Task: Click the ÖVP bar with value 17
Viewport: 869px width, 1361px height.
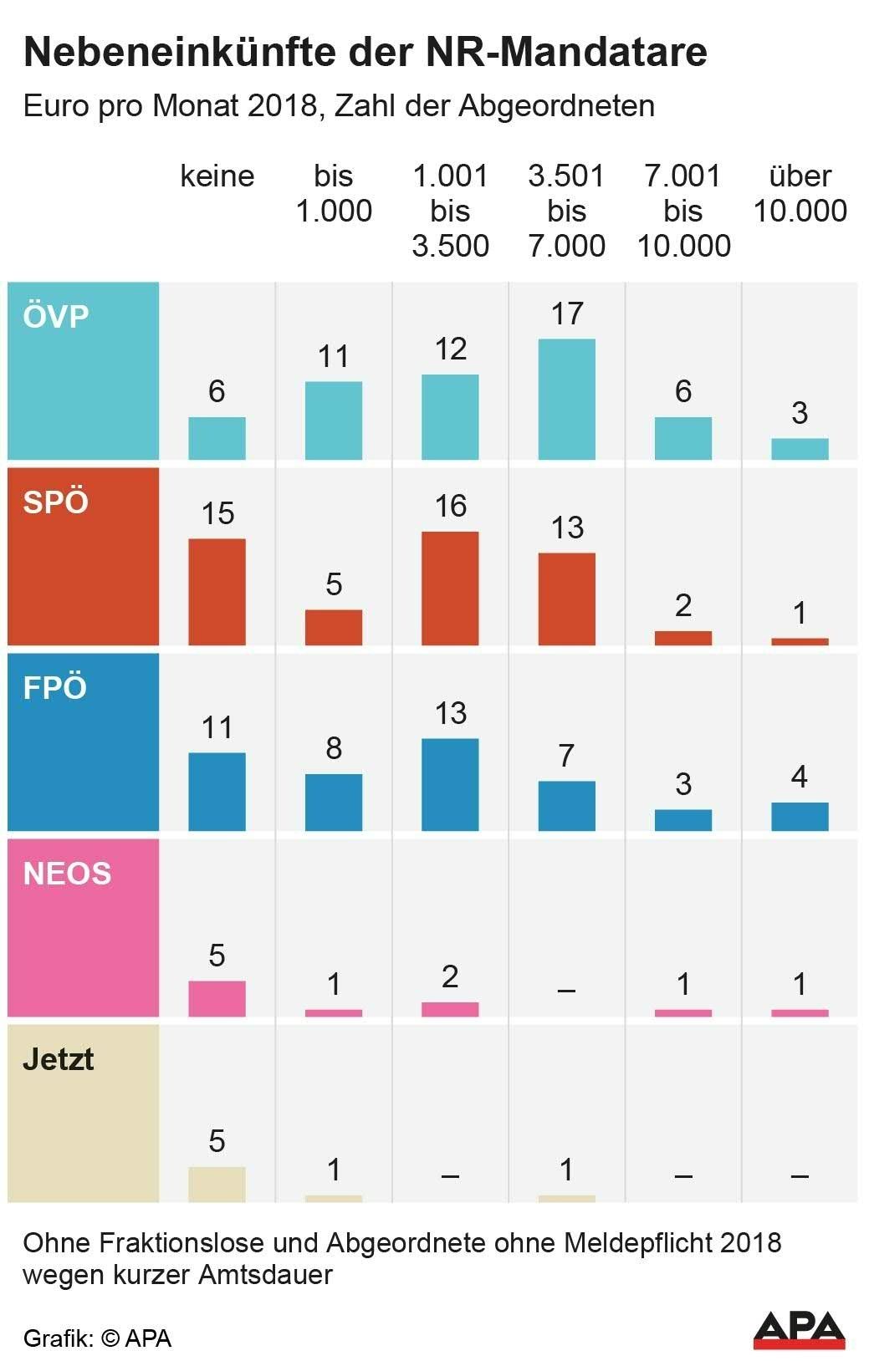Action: (x=566, y=399)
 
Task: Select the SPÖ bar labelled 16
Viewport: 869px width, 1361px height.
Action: (x=450, y=588)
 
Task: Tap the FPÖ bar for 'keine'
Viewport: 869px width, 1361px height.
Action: (x=217, y=791)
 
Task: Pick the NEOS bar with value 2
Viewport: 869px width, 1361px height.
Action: (x=450, y=1009)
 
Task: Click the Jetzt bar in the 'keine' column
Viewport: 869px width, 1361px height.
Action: (x=217, y=1184)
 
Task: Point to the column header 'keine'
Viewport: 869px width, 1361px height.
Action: (x=217, y=176)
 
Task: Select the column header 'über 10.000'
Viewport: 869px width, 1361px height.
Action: (x=800, y=193)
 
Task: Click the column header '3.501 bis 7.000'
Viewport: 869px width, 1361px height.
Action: (x=566, y=211)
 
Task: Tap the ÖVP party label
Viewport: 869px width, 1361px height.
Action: (x=56, y=317)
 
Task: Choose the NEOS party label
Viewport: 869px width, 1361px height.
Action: (x=67, y=874)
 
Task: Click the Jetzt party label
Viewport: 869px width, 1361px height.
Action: (x=58, y=1059)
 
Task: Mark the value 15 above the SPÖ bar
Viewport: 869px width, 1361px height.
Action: (x=217, y=513)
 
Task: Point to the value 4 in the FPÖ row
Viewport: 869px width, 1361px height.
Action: (x=800, y=777)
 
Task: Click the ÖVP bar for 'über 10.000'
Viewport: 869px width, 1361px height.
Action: (x=800, y=449)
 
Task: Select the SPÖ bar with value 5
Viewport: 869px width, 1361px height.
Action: (x=334, y=627)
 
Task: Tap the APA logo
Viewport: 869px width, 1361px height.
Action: (x=799, y=1329)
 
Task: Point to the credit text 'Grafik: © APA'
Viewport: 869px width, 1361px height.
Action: (x=97, y=1338)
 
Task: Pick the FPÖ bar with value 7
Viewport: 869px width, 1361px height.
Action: (x=566, y=806)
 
